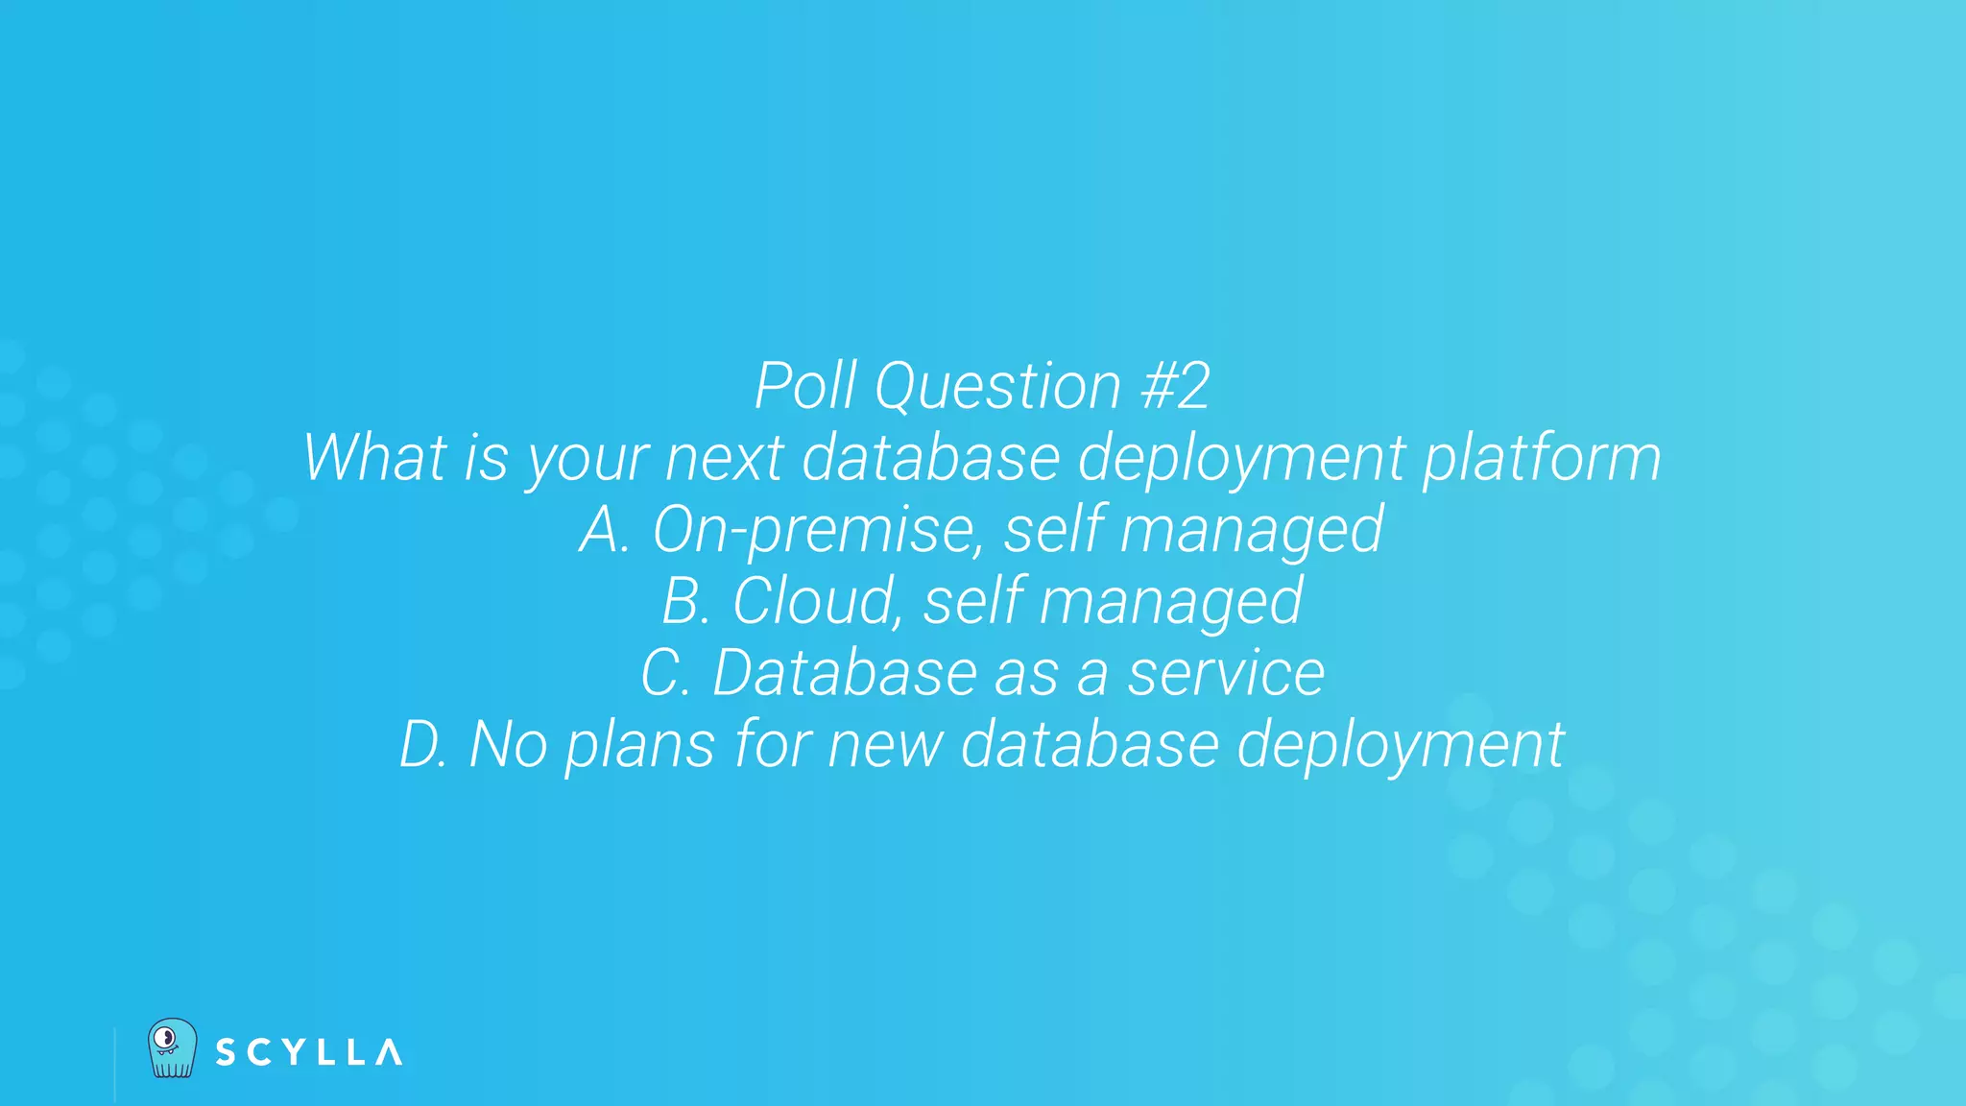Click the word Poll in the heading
pos(804,386)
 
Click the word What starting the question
pos(375,457)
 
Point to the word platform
pos(1542,459)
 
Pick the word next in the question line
pos(725,458)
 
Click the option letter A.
pos(601,530)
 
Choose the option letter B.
pos(683,601)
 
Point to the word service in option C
pos(1226,673)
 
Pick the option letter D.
pos(420,744)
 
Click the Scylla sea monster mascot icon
pos(173,1048)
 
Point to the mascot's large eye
pos(166,1038)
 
